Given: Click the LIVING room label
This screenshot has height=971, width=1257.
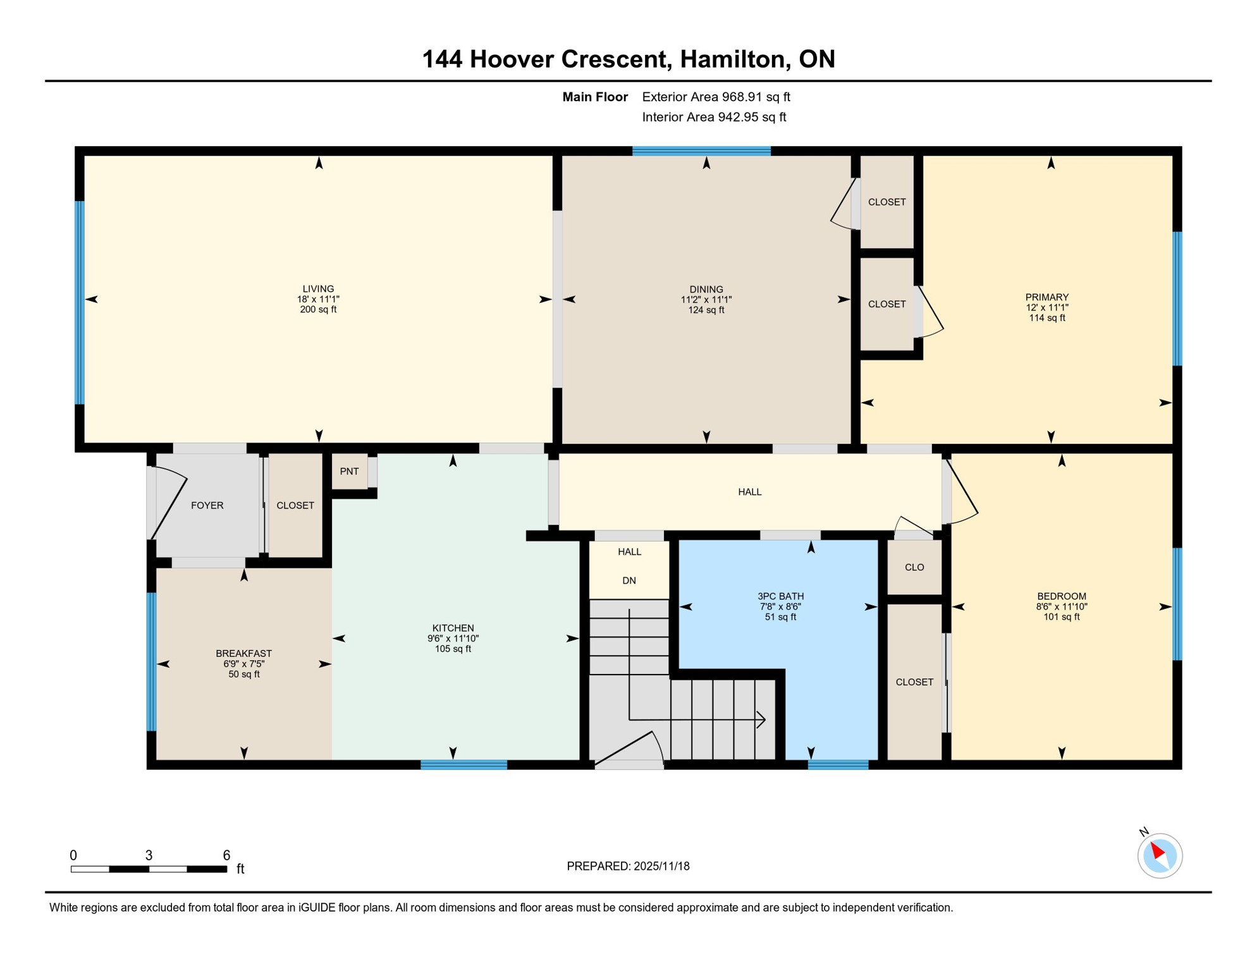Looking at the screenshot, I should (318, 289).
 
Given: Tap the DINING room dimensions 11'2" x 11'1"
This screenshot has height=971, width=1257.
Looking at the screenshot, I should (706, 300).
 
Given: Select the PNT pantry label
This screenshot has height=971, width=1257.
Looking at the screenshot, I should (349, 471).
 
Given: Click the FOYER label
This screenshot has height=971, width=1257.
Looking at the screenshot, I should (207, 505).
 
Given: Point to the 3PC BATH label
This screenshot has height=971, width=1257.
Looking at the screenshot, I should (780, 595).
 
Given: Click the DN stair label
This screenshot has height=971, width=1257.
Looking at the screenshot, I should (628, 580).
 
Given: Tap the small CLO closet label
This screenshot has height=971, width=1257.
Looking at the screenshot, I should (914, 567).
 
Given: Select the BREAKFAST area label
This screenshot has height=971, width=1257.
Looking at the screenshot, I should (243, 653).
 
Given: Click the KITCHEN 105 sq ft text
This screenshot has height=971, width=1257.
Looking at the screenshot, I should (453, 649).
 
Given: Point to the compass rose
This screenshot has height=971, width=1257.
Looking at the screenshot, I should (1160, 855).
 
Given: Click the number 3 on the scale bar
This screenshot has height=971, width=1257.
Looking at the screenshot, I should (149, 855).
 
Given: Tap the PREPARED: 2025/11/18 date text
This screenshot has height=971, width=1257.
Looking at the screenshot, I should (628, 866).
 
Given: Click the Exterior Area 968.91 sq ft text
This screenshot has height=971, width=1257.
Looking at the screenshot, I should (716, 97).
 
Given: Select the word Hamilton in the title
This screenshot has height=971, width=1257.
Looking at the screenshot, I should (734, 59).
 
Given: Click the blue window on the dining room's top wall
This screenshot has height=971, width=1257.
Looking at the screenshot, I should (701, 151).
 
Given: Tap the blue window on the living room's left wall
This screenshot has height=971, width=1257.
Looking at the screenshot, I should (80, 302).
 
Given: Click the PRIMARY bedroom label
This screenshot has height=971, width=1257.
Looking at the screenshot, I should (1046, 297).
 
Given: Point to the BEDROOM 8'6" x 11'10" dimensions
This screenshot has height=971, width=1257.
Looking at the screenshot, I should (1061, 606).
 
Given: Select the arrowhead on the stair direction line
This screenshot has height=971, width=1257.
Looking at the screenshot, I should (763, 719).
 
